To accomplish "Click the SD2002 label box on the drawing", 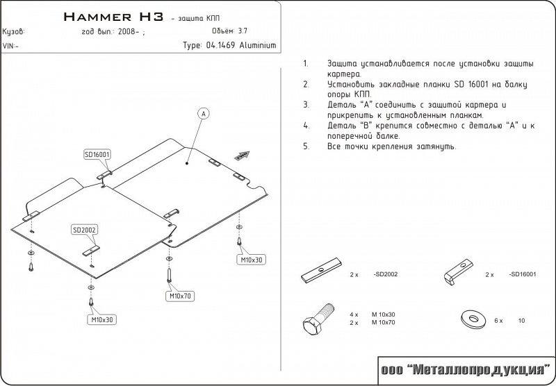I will click(84, 230).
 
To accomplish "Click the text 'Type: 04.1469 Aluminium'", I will click(229, 45).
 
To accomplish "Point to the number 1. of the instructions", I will click(306, 64).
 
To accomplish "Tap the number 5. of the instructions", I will click(306, 147).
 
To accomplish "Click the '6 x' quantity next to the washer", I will click(497, 321).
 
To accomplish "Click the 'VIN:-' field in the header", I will click(11, 46).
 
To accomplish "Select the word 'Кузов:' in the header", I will click(14, 32).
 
